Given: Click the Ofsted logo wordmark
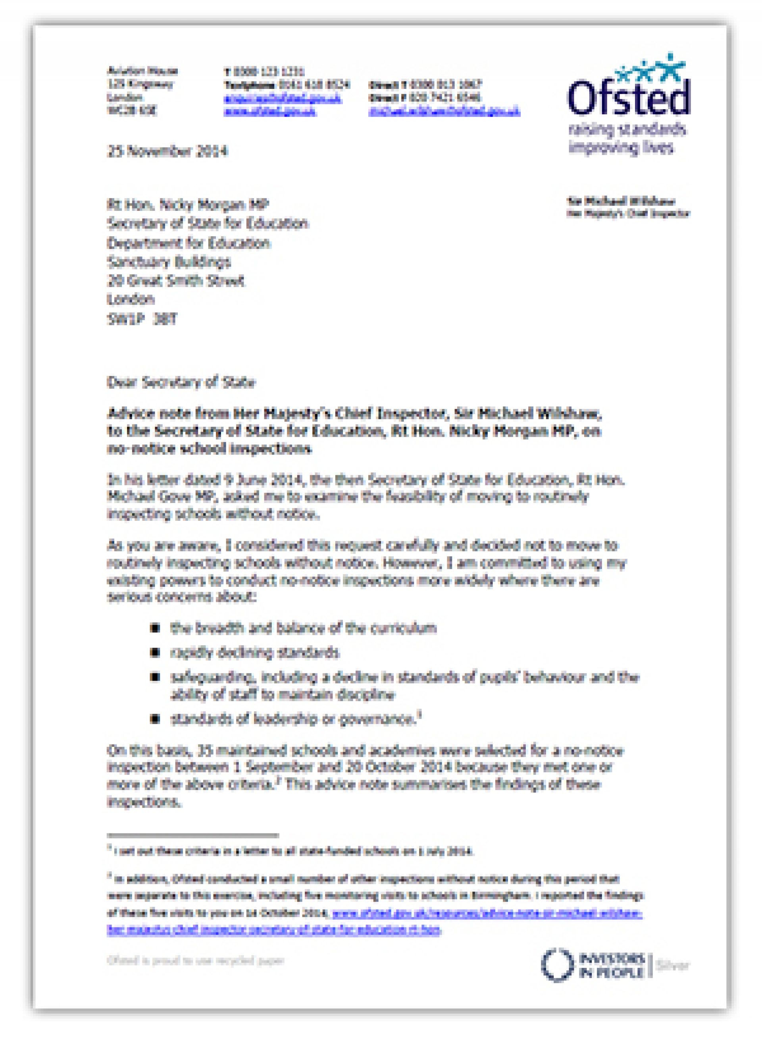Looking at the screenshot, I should point(628,96).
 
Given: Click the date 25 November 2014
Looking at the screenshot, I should point(167,151).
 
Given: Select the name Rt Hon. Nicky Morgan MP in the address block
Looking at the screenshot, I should point(188,204).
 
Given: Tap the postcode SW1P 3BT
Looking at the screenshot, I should point(142,319).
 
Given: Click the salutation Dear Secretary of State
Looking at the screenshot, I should point(181,382).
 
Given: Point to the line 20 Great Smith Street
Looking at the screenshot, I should point(176,281).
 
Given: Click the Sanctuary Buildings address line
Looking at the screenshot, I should point(169,262).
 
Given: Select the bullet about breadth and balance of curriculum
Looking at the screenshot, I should point(303,628).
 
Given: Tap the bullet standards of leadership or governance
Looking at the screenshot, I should point(294,719).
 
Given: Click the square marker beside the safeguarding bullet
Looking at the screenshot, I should point(156,677).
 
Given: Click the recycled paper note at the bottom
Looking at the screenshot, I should point(196,960).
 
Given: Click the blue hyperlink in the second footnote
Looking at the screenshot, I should point(487,914).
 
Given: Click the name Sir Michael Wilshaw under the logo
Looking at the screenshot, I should point(621,201).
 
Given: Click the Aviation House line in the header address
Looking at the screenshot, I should point(142,71).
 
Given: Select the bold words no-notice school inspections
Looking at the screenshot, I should point(210,449).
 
